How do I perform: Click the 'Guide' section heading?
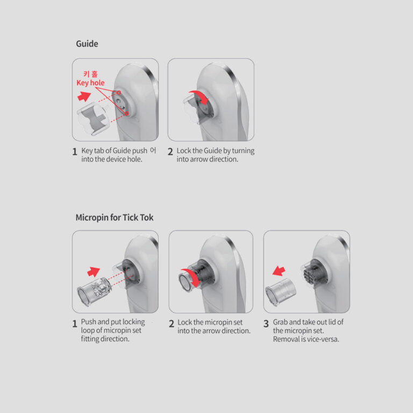(87, 44)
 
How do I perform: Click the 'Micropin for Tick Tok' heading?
(115, 218)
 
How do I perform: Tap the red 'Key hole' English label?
(90, 83)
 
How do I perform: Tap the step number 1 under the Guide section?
(75, 152)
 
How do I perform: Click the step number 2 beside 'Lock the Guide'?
(170, 152)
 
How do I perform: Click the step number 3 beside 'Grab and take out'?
(266, 324)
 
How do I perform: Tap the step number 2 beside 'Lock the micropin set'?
(172, 324)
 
